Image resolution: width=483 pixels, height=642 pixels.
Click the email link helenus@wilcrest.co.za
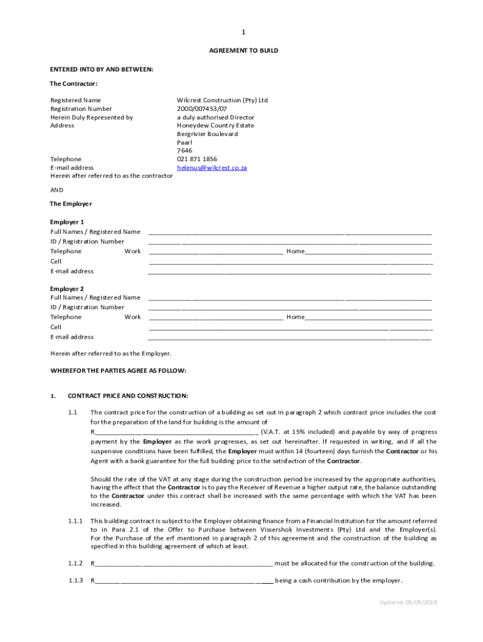211,168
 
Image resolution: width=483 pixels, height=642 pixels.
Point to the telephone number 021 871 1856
197,159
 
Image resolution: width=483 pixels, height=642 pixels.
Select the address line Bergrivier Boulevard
207,134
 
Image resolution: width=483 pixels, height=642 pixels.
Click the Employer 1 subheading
66,222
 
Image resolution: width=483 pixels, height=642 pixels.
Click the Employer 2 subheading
66,288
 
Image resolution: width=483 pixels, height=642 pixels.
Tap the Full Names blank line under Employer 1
290,233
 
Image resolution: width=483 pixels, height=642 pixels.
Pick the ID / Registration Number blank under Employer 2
290,308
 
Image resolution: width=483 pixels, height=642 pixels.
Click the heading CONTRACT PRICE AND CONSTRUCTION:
128,396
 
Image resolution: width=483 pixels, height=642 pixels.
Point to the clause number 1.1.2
76,563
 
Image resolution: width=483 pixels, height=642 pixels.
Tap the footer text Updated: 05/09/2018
408,603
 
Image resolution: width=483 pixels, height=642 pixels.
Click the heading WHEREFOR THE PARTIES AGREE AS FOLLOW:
118,371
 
